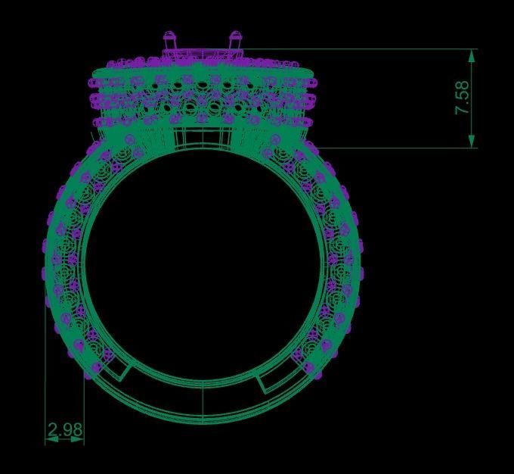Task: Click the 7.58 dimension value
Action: click(x=463, y=98)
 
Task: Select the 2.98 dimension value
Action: click(x=64, y=430)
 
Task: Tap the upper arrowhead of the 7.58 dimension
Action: click(x=472, y=55)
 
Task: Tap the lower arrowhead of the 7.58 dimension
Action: click(x=472, y=142)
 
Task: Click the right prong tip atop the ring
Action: click(x=235, y=36)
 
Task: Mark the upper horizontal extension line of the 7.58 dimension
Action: click(x=363, y=49)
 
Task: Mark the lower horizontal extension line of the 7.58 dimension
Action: click(x=393, y=148)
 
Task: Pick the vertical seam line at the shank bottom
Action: click(x=203, y=401)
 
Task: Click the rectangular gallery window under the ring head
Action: click(x=202, y=136)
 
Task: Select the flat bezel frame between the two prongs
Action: click(x=203, y=53)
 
